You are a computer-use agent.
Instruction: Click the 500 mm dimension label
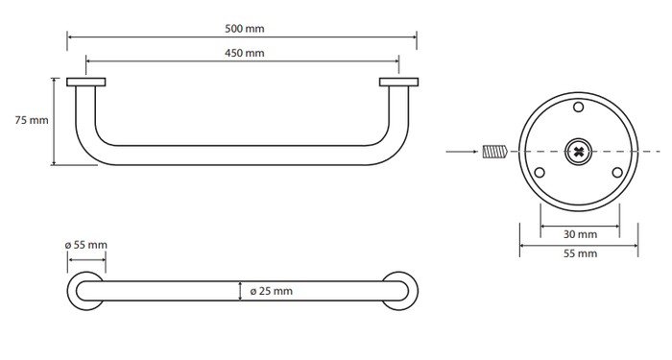(x=244, y=29)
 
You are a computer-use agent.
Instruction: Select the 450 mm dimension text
(x=244, y=53)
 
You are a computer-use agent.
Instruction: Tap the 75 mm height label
(x=32, y=120)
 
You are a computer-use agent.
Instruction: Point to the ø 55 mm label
(x=86, y=245)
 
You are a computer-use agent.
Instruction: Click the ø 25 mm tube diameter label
(x=272, y=291)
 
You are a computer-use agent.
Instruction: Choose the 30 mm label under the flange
(x=580, y=234)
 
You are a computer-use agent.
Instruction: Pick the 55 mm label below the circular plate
(x=580, y=253)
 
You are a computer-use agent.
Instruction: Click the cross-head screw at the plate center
(x=579, y=152)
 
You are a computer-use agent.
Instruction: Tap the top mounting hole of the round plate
(x=579, y=107)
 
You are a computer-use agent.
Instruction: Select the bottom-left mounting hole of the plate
(x=540, y=173)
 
